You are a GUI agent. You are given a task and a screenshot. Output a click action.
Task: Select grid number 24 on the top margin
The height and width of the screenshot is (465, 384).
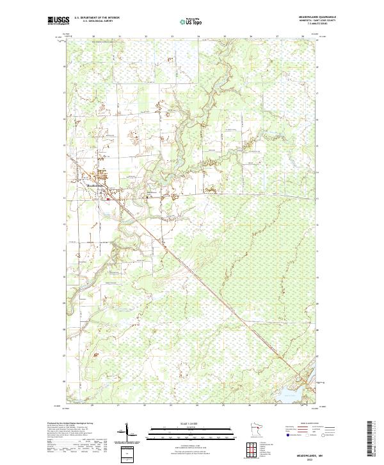tap(198, 37)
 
